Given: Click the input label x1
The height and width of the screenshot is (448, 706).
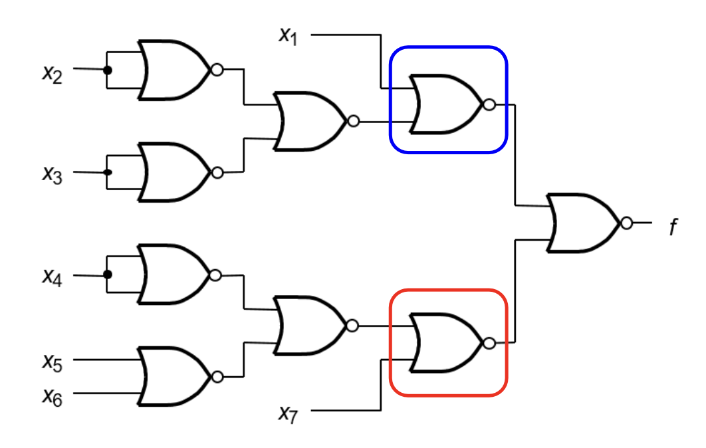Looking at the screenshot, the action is coord(288,36).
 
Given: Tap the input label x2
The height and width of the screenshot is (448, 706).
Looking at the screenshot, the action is coord(53,74).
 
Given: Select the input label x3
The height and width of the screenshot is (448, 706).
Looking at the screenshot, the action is coord(53,175).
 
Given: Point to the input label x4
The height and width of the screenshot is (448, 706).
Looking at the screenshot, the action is coord(53,277).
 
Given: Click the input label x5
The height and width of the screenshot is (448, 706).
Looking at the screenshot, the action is coord(53,362).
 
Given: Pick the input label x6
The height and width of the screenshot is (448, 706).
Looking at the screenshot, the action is coord(53,397).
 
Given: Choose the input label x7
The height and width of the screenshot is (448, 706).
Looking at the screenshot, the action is coord(288,414).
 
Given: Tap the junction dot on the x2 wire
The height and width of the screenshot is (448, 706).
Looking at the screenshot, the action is coord(107,70).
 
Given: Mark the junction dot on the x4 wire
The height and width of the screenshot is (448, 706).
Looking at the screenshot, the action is coord(107,275).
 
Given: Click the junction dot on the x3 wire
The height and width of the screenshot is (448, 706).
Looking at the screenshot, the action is coord(107,172).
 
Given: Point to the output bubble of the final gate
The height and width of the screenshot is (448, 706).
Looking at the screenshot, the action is coord(627,223).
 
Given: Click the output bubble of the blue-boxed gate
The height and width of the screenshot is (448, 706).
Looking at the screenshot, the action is coord(489,105).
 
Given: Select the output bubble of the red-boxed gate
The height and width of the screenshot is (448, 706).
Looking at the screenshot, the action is coord(489,344).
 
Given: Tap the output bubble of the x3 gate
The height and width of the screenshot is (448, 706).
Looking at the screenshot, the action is coord(217,172).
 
